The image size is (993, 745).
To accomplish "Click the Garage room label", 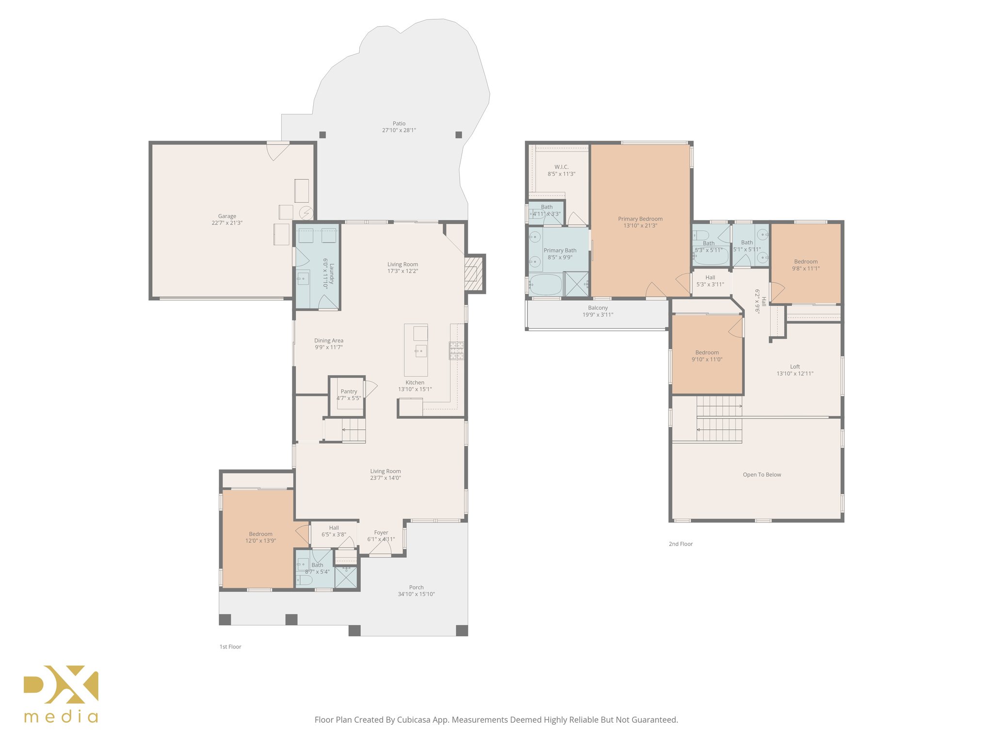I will click(227, 216).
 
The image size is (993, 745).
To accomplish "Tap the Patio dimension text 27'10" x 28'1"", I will click(399, 130).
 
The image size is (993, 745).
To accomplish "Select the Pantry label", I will click(349, 391).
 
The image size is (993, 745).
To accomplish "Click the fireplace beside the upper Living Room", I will click(474, 274).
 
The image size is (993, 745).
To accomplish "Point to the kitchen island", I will click(416, 350).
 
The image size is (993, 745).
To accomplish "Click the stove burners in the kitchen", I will click(456, 350).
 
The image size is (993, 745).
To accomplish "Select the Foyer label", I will click(381, 533).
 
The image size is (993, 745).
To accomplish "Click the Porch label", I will click(416, 587).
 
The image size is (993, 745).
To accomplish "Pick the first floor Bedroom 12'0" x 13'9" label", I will click(260, 534).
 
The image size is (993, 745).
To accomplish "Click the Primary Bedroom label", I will click(640, 219).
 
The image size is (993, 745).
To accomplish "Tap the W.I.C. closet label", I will click(561, 167).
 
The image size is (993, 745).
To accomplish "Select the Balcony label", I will click(598, 308).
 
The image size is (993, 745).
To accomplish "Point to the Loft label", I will click(795, 367).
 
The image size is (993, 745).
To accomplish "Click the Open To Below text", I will click(762, 475).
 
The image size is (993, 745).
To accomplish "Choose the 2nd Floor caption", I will click(681, 544).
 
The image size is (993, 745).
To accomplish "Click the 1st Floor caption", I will click(230, 647).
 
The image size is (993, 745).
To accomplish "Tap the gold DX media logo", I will click(61, 693).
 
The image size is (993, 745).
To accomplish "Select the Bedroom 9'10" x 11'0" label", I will click(707, 353).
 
